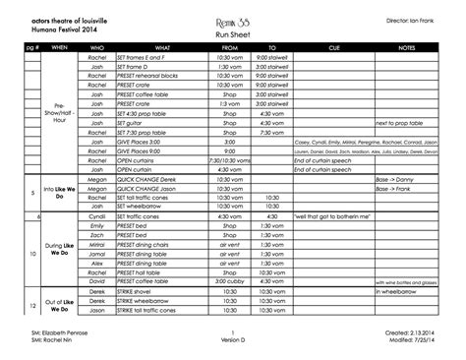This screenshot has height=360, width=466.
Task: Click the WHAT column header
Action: (x=162, y=47)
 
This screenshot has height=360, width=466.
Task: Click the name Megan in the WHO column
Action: (x=96, y=178)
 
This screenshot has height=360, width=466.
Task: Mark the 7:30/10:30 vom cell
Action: (x=230, y=159)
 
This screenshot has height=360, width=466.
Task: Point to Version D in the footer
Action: (x=232, y=343)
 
